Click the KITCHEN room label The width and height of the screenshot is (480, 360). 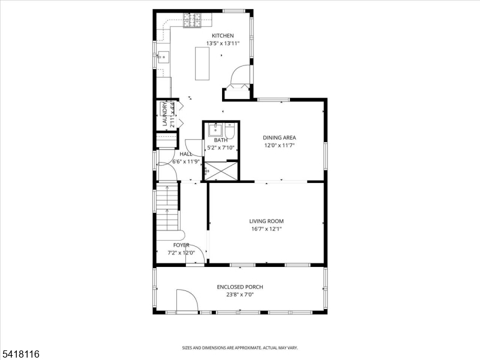223,36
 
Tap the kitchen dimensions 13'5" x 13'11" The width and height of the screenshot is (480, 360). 223,43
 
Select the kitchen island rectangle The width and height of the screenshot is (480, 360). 202,64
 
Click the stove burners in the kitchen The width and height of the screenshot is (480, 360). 192,20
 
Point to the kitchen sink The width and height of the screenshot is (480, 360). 163,57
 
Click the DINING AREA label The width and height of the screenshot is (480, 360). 279,138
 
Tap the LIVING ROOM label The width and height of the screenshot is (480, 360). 266,221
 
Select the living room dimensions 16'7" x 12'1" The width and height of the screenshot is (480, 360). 266,229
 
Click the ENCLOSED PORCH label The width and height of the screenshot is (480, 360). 240,287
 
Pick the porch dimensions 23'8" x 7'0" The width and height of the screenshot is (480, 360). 240,295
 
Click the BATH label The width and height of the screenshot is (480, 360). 221,140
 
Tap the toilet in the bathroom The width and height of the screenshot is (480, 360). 230,130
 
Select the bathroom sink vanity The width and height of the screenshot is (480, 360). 216,130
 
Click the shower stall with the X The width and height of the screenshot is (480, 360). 221,171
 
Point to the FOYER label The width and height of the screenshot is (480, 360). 181,245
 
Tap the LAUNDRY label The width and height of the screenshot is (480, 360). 164,115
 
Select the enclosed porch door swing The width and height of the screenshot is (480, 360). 187,301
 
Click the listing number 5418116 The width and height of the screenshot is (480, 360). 20,354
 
